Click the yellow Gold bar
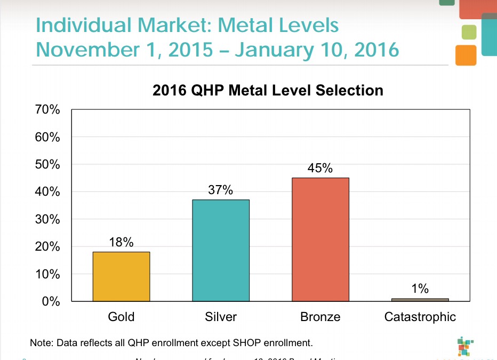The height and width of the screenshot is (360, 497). click(x=121, y=276)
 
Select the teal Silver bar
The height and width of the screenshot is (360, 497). click(x=221, y=250)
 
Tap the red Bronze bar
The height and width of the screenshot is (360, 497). click(x=320, y=239)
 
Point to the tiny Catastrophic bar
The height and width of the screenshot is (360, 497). click(x=420, y=300)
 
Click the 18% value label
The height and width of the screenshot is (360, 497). click(x=121, y=242)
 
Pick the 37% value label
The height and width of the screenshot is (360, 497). click(x=221, y=190)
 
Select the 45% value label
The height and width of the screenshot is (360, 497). click(x=320, y=169)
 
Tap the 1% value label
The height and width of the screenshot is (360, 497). click(x=420, y=289)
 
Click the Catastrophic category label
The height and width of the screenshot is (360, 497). click(x=420, y=317)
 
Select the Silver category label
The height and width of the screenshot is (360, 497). click(x=221, y=317)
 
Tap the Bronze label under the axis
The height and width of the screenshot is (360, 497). click(x=320, y=317)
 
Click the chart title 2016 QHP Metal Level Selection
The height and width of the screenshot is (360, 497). click(x=268, y=90)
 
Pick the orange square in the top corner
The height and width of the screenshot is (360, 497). click(x=466, y=55)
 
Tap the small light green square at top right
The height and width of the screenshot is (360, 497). click(x=469, y=32)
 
